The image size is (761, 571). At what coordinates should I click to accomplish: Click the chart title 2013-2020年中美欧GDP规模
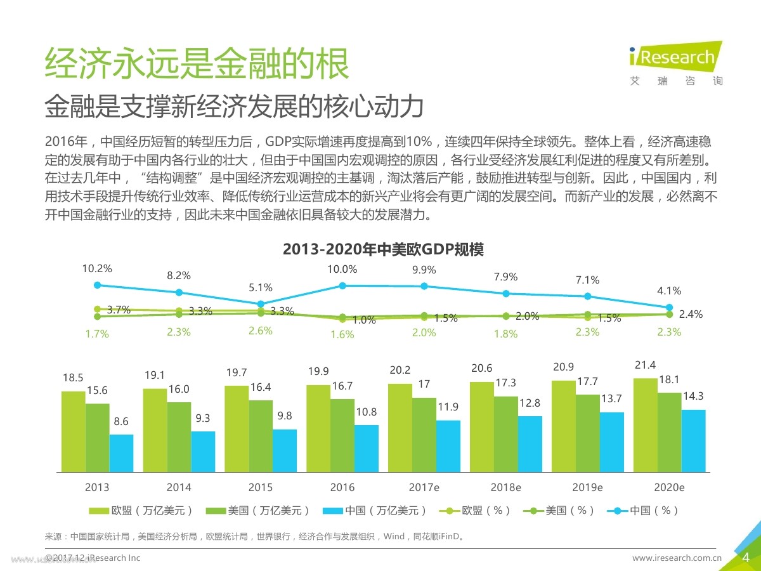pyautogui.click(x=383, y=249)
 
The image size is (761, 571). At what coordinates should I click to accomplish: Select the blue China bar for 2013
pyautogui.click(x=121, y=453)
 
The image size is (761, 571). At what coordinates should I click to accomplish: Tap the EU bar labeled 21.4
pyautogui.click(x=645, y=425)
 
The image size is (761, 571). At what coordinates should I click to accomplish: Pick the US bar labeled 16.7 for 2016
pyautogui.click(x=342, y=435)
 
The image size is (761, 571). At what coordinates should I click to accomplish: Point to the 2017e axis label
pyautogui.click(x=424, y=488)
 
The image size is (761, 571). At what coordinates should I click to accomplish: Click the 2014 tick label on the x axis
pyautogui.click(x=179, y=488)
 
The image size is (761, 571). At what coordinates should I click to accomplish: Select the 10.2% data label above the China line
pyautogui.click(x=97, y=269)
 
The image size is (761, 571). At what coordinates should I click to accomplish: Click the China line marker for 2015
pyautogui.click(x=261, y=304)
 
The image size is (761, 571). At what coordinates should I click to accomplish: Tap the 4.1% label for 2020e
pyautogui.click(x=669, y=291)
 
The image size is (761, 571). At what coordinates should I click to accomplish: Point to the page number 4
pyautogui.click(x=746, y=558)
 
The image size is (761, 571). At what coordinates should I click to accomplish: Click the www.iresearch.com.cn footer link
pyautogui.click(x=677, y=558)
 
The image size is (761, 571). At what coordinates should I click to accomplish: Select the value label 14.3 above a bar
pyautogui.click(x=693, y=396)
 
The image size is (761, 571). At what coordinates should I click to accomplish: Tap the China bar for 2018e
pyautogui.click(x=530, y=444)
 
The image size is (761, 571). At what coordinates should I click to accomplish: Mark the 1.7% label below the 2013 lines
pyautogui.click(x=97, y=334)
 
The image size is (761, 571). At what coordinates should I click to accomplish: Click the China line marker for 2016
pyautogui.click(x=342, y=285)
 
